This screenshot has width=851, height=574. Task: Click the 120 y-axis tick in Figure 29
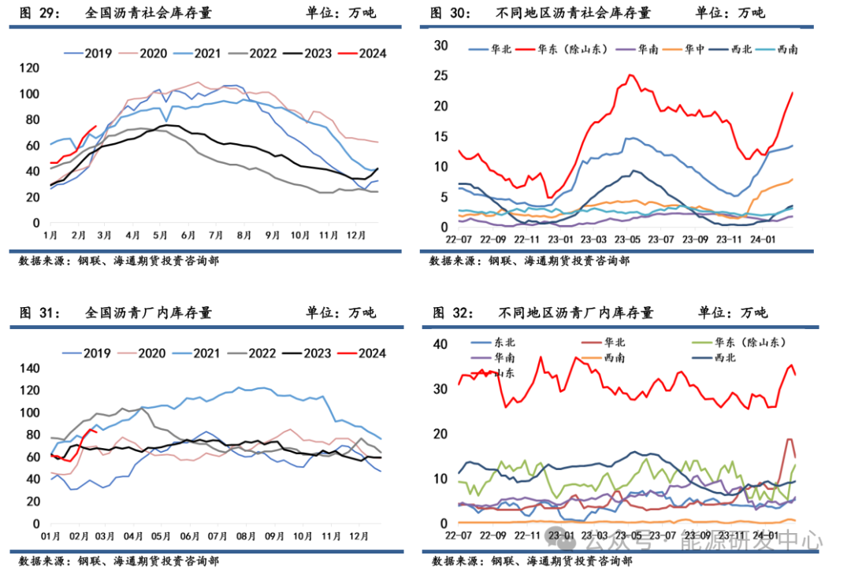tap(28, 69)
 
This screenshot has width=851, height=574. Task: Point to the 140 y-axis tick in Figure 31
tap(28, 368)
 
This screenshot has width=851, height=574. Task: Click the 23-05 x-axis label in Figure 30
tap(627, 239)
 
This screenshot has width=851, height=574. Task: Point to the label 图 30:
tap(450, 13)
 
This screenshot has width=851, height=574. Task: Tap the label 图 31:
tap(40, 313)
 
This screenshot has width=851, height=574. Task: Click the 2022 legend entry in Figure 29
tap(262, 54)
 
